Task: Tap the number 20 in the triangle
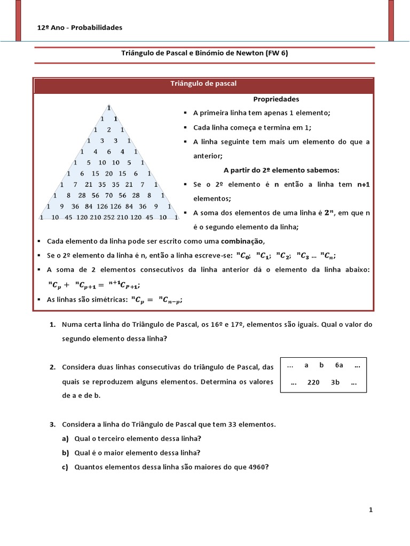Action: [x=109, y=173]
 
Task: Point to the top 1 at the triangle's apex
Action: [x=109, y=108]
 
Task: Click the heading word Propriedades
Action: [x=275, y=99]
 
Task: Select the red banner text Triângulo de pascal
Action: [x=203, y=84]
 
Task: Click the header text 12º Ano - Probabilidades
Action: [x=80, y=27]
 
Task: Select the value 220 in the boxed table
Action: [x=313, y=383]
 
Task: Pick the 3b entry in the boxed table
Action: [x=335, y=383]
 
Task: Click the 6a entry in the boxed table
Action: [x=339, y=365]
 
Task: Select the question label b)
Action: [x=66, y=453]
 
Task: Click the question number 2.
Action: [x=52, y=367]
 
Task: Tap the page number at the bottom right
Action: [x=370, y=510]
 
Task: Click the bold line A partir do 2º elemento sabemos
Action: [x=281, y=170]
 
